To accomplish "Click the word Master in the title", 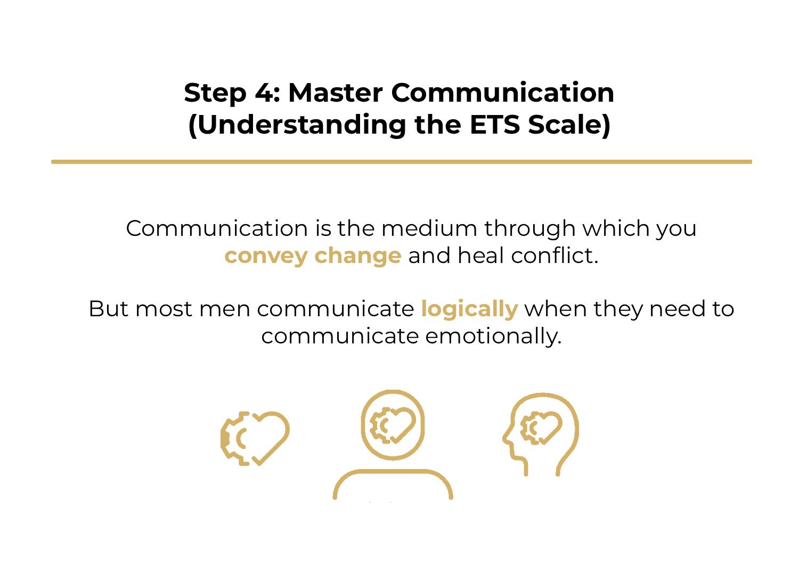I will click(x=335, y=93).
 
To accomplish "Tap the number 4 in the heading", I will click(x=263, y=93).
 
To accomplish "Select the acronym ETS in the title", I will click(x=495, y=125).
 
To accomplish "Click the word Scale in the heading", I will click(x=568, y=125).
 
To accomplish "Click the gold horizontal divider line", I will click(x=401, y=161).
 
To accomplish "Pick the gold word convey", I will click(x=266, y=256).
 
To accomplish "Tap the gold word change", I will click(x=357, y=256).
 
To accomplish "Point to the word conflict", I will click(x=555, y=256).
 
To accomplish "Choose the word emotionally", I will click(x=493, y=336).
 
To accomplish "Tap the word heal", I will click(x=480, y=256).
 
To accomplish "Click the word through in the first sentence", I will click(x=529, y=228).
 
